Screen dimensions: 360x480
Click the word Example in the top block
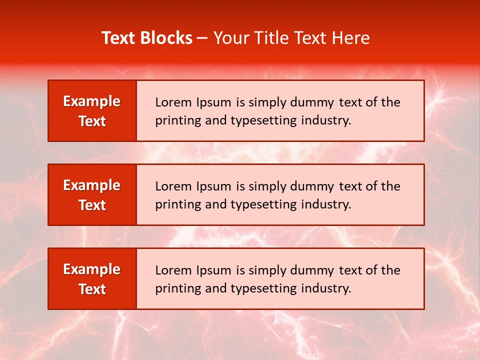pos(92,101)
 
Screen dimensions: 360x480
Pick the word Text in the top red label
pos(92,121)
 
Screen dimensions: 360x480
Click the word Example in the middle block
pos(92,185)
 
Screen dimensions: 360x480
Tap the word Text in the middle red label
pos(92,205)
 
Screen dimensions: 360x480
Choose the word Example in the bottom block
pos(92,269)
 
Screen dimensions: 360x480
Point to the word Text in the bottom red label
pos(92,289)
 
